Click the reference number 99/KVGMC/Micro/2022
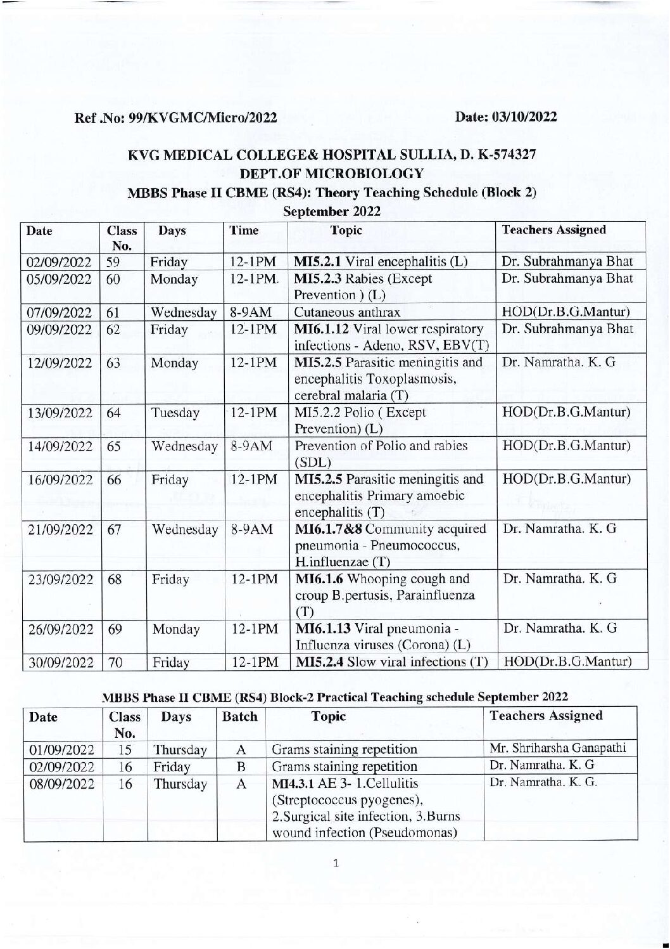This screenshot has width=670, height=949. [202, 118]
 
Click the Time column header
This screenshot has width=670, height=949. [244, 231]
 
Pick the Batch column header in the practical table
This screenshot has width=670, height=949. [240, 717]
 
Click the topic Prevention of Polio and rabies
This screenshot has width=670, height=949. [381, 446]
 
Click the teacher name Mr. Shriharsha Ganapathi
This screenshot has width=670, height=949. [558, 748]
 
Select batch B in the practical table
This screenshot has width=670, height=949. [241, 766]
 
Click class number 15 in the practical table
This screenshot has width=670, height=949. [124, 749]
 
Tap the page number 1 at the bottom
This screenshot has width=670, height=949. [336, 863]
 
